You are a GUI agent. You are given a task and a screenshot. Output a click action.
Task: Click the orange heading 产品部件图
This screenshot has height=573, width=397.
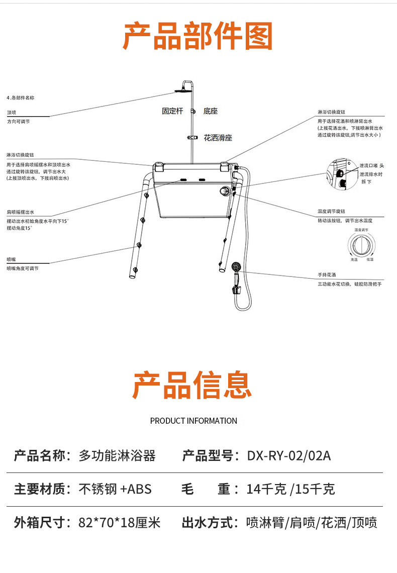[x=198, y=36]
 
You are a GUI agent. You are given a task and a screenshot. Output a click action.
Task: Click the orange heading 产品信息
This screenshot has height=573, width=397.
[x=192, y=386]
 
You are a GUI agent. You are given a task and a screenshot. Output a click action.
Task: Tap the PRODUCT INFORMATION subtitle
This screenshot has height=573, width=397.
[x=193, y=421]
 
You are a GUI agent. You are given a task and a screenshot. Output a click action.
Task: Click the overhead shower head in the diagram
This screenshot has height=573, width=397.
[x=181, y=90]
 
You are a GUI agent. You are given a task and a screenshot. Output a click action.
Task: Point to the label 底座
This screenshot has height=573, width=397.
[x=211, y=111]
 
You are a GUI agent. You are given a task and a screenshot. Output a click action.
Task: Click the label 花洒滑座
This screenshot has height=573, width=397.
[x=218, y=138]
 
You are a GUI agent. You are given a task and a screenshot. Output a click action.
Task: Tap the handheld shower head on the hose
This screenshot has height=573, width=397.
[x=236, y=266]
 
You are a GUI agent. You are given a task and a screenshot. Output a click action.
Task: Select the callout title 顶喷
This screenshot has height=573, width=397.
[x=11, y=113]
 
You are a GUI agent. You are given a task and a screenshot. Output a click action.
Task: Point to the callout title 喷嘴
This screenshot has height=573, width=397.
[x=11, y=259]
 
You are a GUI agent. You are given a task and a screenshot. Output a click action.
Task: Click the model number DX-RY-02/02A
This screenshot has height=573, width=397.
[x=289, y=456]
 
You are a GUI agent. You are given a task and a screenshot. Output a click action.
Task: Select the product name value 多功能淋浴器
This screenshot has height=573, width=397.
[x=117, y=456]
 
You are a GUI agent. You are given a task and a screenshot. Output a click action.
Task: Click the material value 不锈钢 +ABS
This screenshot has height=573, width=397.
[x=115, y=489]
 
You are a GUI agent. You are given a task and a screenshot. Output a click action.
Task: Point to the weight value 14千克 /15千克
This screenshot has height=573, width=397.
[x=290, y=489]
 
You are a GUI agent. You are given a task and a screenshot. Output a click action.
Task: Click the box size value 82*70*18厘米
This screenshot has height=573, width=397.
[x=120, y=523]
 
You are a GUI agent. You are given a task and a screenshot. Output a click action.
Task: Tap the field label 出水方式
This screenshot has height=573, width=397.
[x=210, y=523]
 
